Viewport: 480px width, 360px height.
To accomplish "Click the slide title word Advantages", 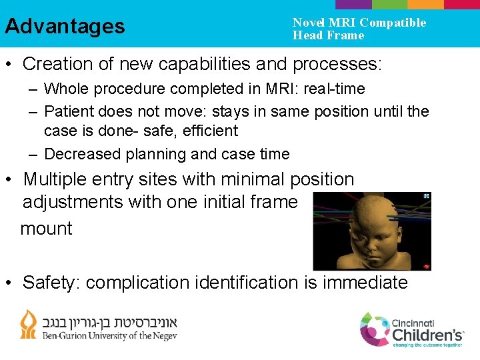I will pyautogui.click(x=65, y=26).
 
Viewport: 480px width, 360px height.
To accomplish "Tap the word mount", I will pyautogui.click(x=46, y=229).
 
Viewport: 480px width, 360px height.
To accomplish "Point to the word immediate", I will pyautogui.click(x=365, y=283).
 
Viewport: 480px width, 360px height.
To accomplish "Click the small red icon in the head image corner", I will pyautogui.click(x=424, y=265).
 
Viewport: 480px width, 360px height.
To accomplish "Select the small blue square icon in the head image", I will pyautogui.click(x=425, y=197).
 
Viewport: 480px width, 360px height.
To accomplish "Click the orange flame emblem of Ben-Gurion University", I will pyautogui.click(x=29, y=324).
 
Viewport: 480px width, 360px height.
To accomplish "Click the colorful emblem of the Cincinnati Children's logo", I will pyautogui.click(x=374, y=329).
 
